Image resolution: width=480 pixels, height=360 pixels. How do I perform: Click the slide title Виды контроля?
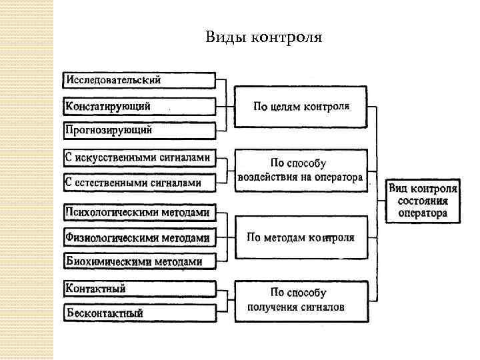point(264,37)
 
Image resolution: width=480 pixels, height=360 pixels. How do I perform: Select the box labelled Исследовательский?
point(139,80)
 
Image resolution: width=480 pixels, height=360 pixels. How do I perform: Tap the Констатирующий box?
point(139,106)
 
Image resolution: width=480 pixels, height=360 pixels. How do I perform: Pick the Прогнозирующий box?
point(139,130)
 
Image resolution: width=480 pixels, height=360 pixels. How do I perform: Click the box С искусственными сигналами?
point(139,158)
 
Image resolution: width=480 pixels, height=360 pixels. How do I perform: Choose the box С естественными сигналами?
point(139,181)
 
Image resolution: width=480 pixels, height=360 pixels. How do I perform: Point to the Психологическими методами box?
point(139,213)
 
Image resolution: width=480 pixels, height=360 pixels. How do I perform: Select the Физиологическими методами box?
point(139,237)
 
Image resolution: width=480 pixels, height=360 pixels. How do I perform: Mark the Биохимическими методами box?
point(139,262)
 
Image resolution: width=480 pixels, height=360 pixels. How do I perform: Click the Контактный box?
point(139,289)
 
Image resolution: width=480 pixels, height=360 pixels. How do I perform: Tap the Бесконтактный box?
point(139,312)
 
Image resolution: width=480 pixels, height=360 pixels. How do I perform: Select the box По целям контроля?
point(301,106)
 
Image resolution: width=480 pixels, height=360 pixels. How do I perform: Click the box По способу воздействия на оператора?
point(301,171)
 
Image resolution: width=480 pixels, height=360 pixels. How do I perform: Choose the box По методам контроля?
point(301,237)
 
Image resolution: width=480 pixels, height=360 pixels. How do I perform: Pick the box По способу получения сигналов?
point(301,300)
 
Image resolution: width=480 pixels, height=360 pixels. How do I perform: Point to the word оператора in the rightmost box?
point(423,213)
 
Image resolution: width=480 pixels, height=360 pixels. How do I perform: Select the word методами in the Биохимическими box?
point(178,262)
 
